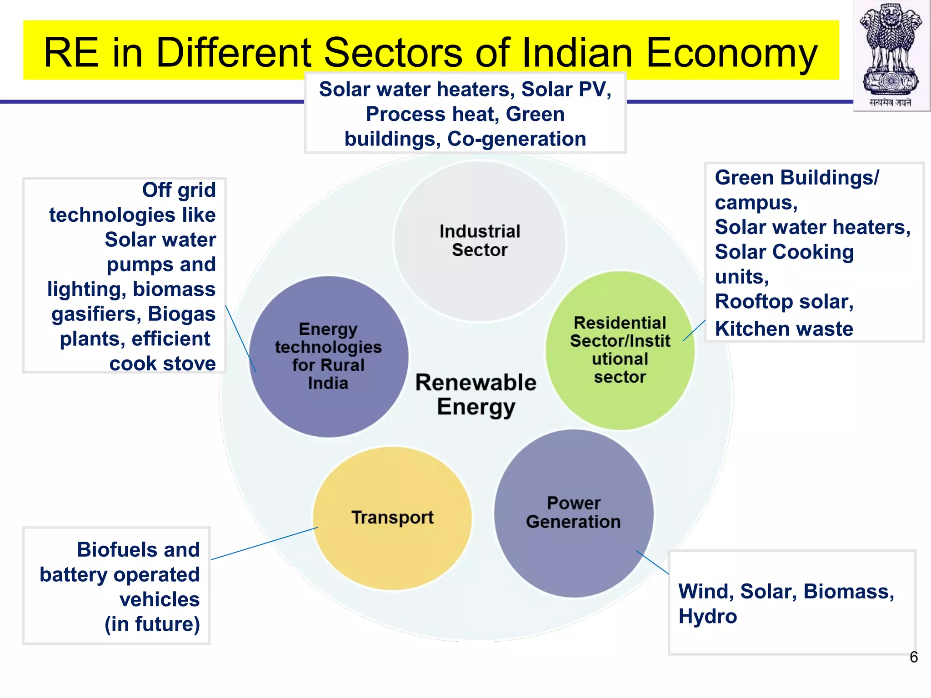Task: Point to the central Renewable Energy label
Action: coord(476,394)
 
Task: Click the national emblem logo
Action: coord(891,55)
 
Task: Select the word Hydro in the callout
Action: coord(707,617)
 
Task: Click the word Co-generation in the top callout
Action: coord(516,139)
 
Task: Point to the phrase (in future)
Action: coord(152,624)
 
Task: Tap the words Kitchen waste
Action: coord(784,329)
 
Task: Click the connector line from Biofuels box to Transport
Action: coord(265,543)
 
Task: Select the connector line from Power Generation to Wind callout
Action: coord(652,563)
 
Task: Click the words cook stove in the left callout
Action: coord(162,364)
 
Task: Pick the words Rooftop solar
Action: coord(784,302)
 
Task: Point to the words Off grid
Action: coord(179,190)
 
